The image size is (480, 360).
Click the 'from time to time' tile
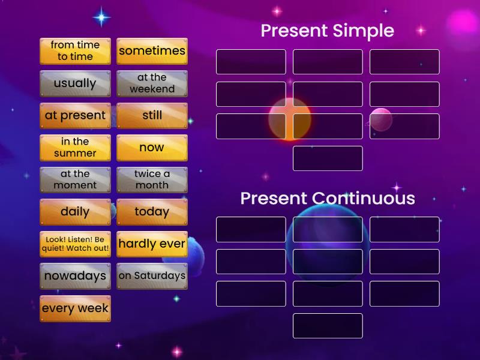[x=75, y=51]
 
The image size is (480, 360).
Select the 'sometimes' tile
[x=152, y=51]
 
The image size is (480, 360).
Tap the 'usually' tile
[x=75, y=83]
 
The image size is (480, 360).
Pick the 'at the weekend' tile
[x=152, y=83]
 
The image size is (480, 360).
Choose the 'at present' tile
[x=75, y=115]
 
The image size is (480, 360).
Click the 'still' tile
[x=152, y=115]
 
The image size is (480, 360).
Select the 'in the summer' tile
[x=75, y=148]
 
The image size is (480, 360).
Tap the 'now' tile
[x=152, y=148]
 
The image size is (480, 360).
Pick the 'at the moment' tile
[x=75, y=179]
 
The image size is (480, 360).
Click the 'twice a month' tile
[x=152, y=179]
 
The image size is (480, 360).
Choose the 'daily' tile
[x=75, y=212]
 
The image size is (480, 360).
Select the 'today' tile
[x=152, y=212]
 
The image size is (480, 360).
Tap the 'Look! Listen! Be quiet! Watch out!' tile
[x=75, y=244]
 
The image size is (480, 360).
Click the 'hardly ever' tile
[x=152, y=244]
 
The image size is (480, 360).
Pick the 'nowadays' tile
[x=75, y=276]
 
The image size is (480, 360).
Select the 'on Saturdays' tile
[x=152, y=276]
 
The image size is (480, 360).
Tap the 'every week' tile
[x=75, y=308]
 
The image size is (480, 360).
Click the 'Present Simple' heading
[x=327, y=31]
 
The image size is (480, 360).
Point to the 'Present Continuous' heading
[x=327, y=198]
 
